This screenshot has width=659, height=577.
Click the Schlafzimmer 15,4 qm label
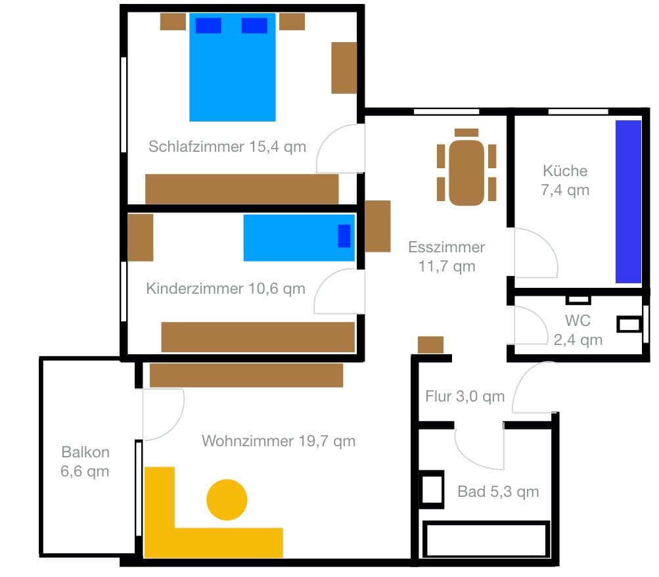[x=227, y=146]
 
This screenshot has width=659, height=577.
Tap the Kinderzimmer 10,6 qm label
[x=225, y=288]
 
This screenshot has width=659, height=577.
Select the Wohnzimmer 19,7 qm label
[x=279, y=440]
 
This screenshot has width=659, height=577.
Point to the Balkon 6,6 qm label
[x=85, y=461]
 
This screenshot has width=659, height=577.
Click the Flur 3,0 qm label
[x=465, y=396]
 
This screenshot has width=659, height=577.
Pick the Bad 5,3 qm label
[x=498, y=491]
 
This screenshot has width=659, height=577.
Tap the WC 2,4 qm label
[x=578, y=330]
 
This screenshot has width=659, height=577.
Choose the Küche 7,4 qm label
[x=565, y=180]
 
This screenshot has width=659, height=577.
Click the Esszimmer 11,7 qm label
[x=447, y=256]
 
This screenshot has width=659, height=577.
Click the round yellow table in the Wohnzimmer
[x=227, y=499]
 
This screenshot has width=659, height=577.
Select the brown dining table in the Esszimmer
[x=466, y=172]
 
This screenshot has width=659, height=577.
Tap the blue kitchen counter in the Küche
[x=628, y=201]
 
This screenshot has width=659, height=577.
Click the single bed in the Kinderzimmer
[x=299, y=237]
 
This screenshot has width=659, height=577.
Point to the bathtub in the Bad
[x=486, y=540]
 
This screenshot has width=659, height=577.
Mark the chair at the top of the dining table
[x=466, y=133]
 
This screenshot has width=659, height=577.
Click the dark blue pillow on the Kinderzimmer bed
[x=344, y=236]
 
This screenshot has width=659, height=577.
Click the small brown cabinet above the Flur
[x=430, y=344]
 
